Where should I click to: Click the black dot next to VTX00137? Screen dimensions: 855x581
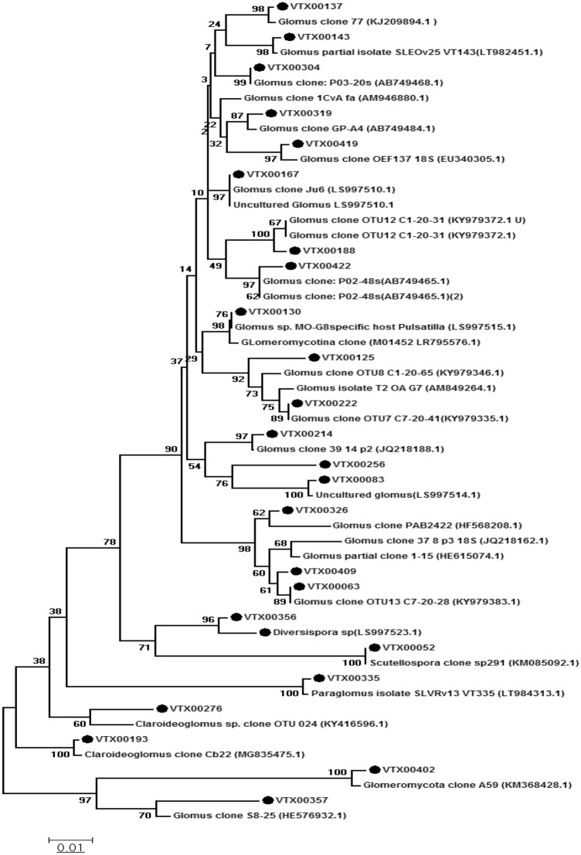(x=260, y=6)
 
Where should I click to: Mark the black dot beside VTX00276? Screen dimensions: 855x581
(x=162, y=709)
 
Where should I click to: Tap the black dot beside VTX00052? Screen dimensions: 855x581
(x=375, y=647)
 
